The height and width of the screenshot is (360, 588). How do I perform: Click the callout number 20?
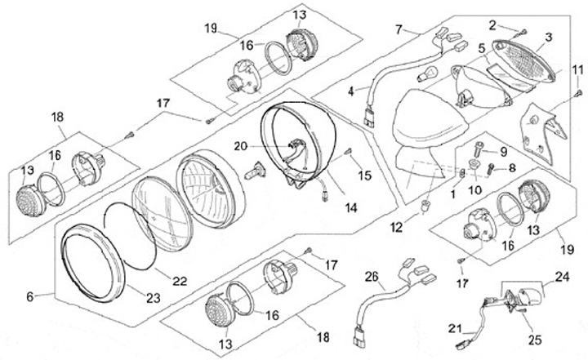point(241,146)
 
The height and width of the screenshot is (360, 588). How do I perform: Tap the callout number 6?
point(30,296)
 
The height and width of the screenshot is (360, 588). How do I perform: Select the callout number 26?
point(372,278)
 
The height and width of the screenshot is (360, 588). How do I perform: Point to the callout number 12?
point(396,227)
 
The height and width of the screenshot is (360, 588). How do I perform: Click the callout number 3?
point(548,37)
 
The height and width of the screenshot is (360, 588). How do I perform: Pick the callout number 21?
point(455,328)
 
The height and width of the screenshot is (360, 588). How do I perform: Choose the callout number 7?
point(399,29)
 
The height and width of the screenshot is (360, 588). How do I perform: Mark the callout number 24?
point(562,277)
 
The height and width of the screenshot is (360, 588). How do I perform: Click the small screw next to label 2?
point(523,33)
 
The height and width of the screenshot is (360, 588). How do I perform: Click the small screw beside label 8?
point(491,169)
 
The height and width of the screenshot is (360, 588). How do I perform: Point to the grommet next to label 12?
point(425,206)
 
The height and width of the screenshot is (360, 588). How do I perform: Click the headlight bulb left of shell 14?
point(255,171)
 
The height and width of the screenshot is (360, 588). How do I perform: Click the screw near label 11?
point(579,92)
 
